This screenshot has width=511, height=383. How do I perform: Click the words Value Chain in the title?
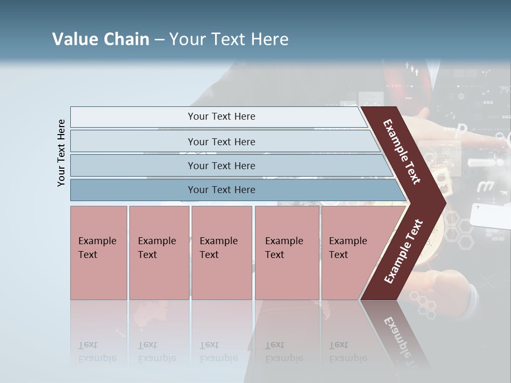pos(101,39)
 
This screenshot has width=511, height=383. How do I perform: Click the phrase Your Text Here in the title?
pos(229,39)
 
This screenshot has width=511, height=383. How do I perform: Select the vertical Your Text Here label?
pos(61,153)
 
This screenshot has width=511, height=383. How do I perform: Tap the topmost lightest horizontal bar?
pos(221,116)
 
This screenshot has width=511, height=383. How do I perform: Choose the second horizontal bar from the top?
pos(221,141)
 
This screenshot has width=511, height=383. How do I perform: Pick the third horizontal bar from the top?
pos(221,165)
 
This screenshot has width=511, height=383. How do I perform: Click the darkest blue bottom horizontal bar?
pos(221,190)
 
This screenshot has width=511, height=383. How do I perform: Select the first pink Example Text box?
pos(98,253)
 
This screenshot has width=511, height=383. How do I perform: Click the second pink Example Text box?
pos(159,253)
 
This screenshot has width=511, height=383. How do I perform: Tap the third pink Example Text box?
pos(221,253)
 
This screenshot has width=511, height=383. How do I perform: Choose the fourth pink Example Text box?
pos(287,253)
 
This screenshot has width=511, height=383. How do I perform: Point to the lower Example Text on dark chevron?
pos(403,251)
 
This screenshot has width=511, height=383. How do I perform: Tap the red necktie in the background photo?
pos(409,80)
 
